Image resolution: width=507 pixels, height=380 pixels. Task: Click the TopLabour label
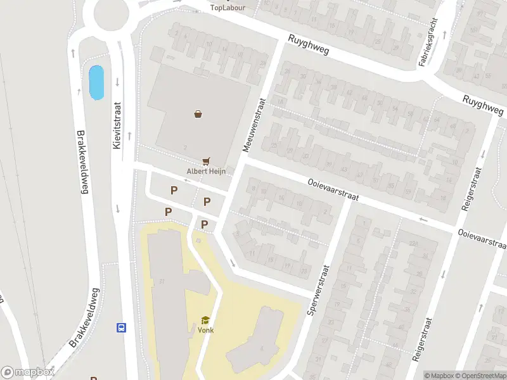[225, 8]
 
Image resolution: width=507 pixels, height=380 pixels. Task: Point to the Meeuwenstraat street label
[253, 124]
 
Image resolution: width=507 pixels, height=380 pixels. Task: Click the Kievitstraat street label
[117, 127]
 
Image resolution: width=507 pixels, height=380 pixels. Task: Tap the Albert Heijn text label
[205, 171]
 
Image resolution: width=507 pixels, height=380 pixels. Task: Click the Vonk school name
[205, 330]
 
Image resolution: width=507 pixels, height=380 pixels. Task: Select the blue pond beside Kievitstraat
[96, 82]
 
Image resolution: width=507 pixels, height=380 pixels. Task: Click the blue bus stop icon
[120, 327]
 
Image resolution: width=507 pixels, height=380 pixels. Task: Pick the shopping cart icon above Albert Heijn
[205, 161]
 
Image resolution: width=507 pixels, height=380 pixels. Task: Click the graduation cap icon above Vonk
[205, 320]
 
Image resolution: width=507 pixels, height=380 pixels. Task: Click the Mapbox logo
[27, 373]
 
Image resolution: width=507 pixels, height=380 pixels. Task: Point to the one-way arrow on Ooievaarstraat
[423, 220]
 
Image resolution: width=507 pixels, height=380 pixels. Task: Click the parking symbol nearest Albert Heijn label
[207, 201]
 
